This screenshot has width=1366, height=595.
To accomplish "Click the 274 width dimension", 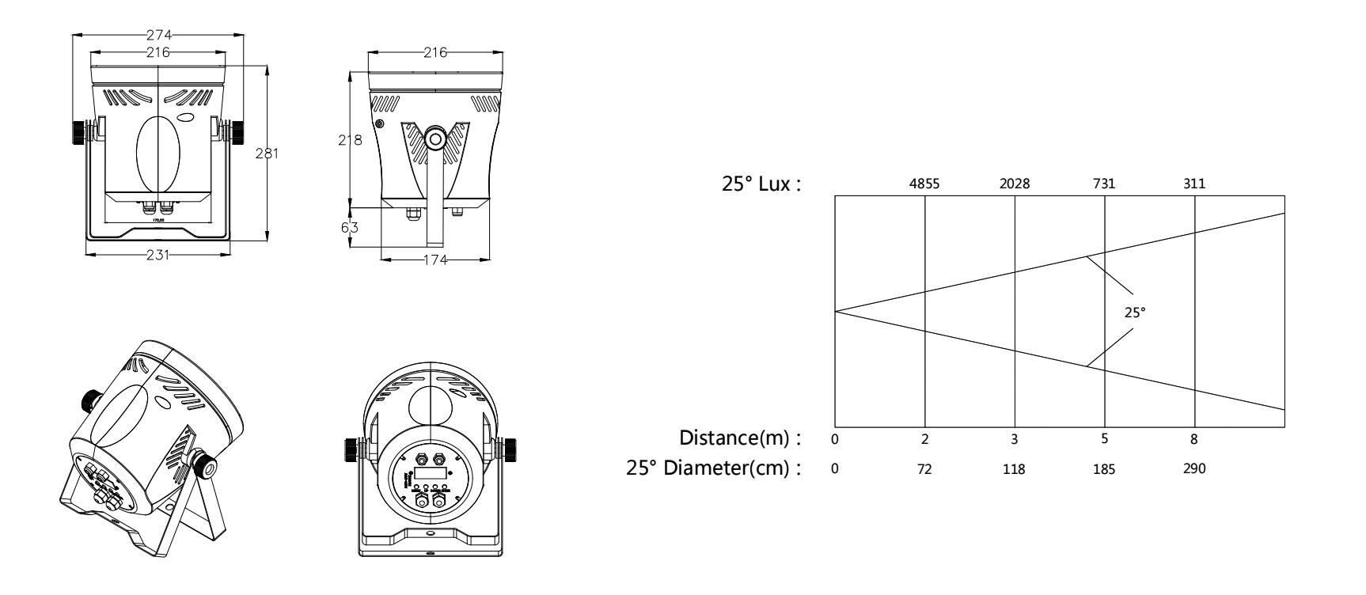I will pos(158,35).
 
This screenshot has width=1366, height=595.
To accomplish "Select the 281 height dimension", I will pos(267,153).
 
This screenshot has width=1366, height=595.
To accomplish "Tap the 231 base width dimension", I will pos(157,255).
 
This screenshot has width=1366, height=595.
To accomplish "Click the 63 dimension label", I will pos(350,227).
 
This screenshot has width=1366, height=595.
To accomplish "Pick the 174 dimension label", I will pos(435,260).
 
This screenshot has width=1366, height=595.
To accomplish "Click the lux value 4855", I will pos(924,184).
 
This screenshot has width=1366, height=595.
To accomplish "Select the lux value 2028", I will pos(1015,184).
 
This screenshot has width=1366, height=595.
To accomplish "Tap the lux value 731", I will pos(1104,184).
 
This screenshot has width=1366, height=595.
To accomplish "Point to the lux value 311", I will pos(1194,184).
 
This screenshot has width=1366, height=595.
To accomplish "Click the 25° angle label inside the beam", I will pos(1136,313).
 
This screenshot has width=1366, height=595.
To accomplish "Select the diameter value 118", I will pos(1014,469).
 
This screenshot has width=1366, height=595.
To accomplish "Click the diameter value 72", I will pos(924,469).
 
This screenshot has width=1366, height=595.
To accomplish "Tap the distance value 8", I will pos(1194,438).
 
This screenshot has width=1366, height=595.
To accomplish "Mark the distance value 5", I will pos(1105,438).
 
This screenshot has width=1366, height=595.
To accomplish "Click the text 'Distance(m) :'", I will pos(740,438).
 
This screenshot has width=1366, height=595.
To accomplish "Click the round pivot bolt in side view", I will pos(435,139).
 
